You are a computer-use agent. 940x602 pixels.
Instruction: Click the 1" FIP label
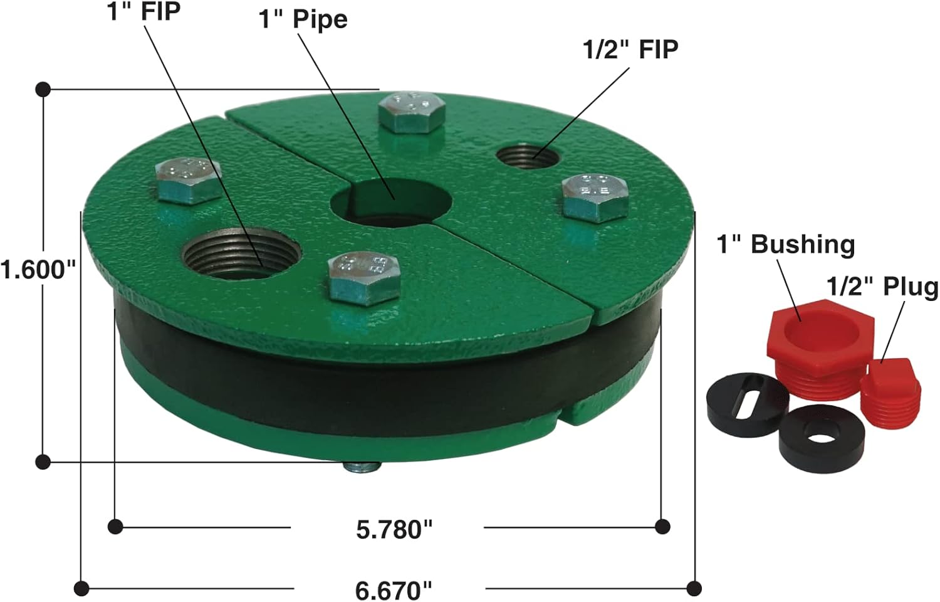(144, 11)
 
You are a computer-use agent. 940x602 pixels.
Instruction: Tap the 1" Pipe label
(303, 19)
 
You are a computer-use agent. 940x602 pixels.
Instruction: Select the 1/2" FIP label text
(630, 50)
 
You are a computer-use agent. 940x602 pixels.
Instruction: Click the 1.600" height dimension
(39, 269)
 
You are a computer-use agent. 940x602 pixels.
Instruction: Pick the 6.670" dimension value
(394, 591)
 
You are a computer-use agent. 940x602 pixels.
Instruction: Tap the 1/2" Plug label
(882, 287)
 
